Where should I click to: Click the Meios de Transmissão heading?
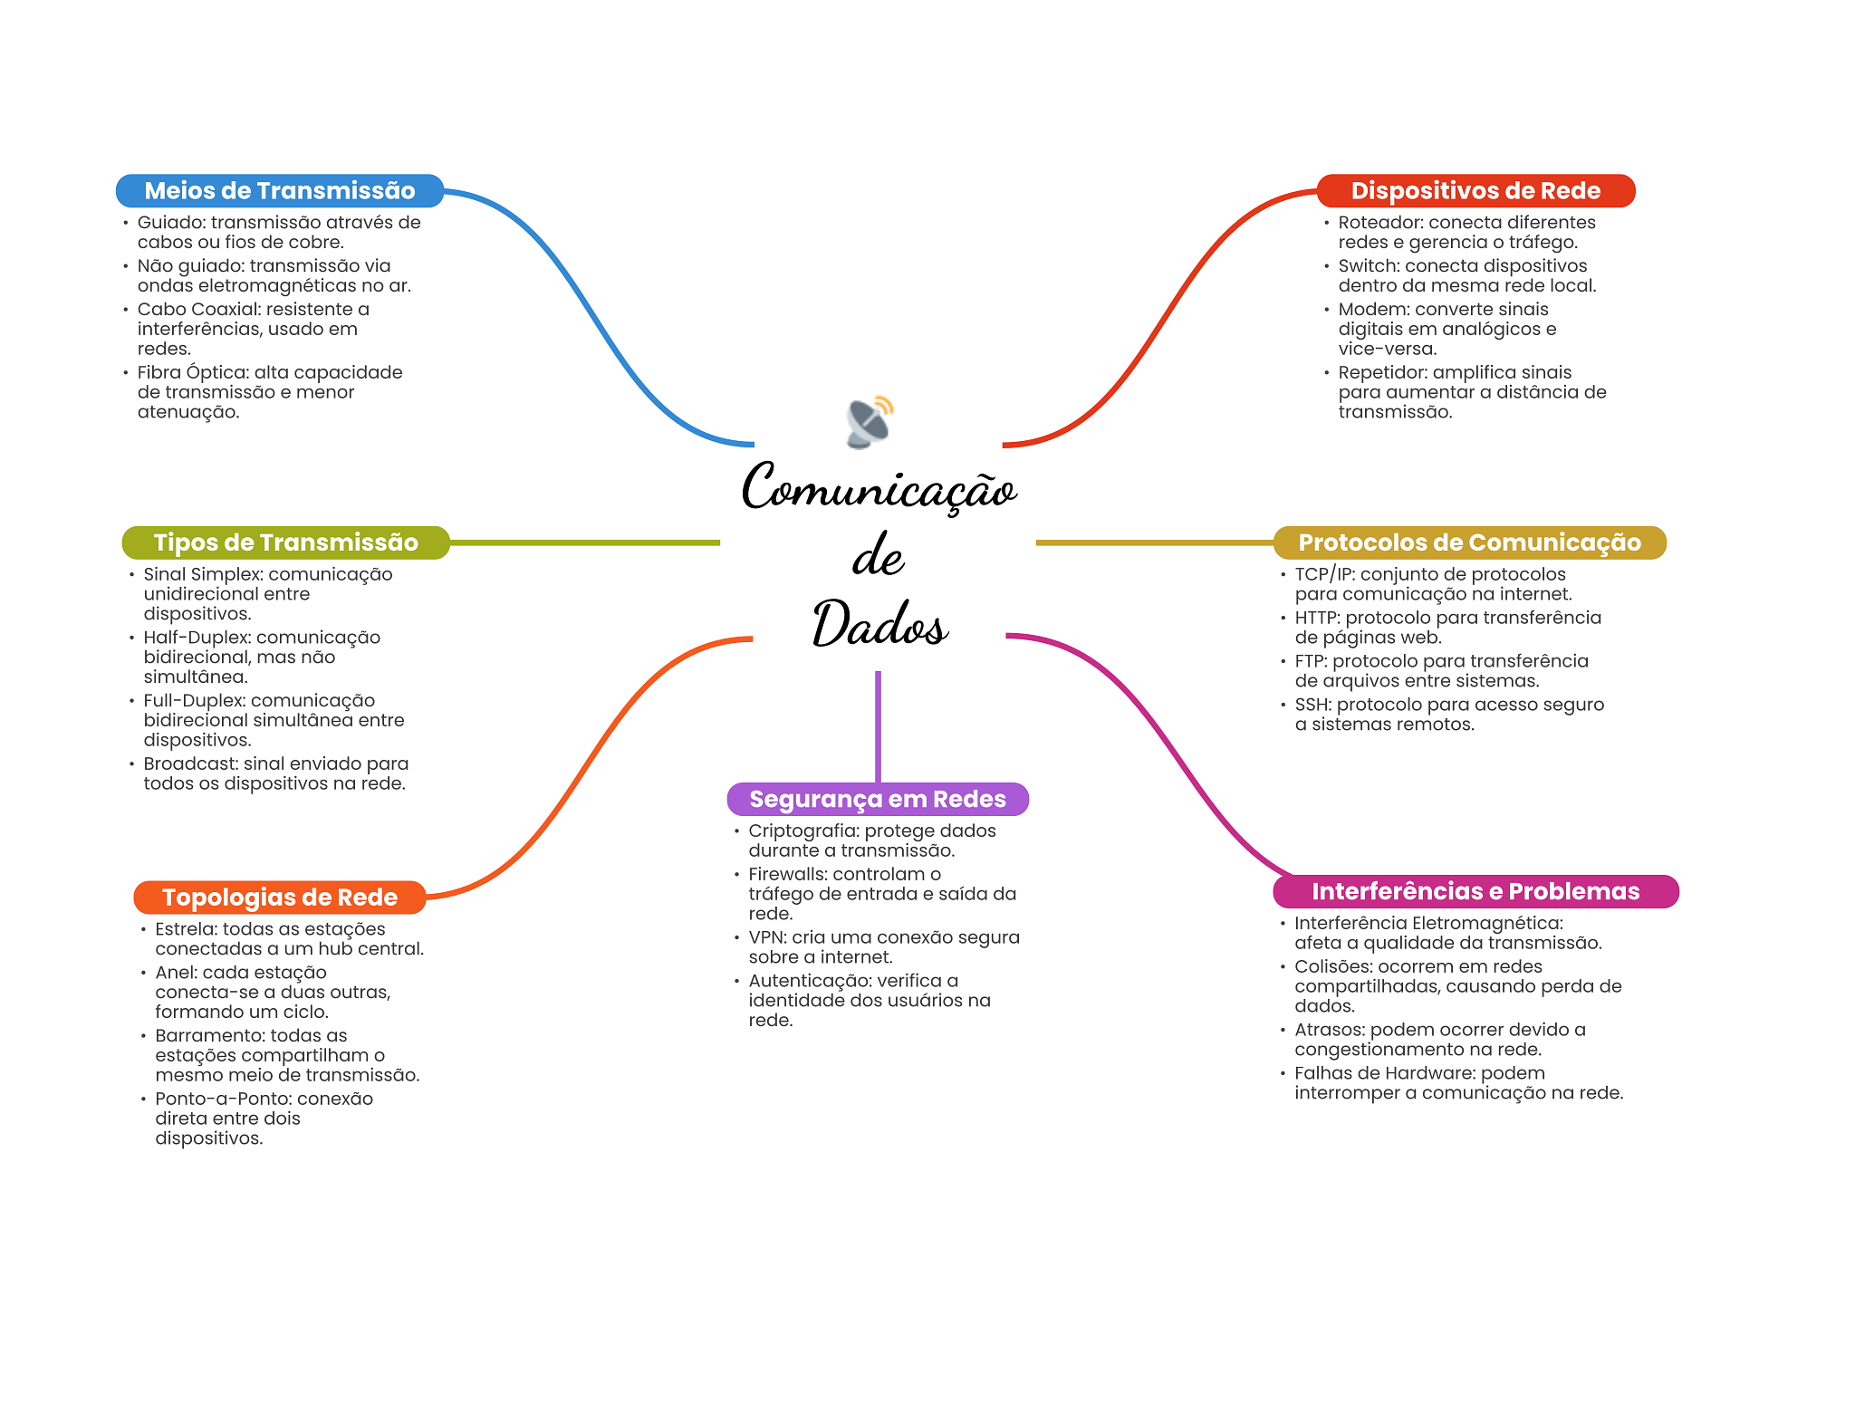pyautogui.click(x=280, y=190)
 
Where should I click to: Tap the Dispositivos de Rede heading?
pyautogui.click(x=1475, y=190)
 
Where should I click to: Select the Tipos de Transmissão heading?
pyautogui.click(x=285, y=542)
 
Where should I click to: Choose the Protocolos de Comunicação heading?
pyautogui.click(x=1469, y=542)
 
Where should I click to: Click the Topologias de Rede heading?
pyautogui.click(x=280, y=898)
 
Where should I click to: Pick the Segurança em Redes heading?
pyautogui.click(x=878, y=799)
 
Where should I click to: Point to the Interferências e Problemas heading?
pyautogui.click(x=1475, y=891)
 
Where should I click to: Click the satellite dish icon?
pyautogui.click(x=870, y=422)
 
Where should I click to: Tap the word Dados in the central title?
pyautogui.click(x=879, y=623)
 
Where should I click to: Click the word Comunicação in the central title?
pyautogui.click(x=879, y=487)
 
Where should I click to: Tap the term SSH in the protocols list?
pyautogui.click(x=1311, y=705)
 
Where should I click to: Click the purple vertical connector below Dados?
pyautogui.click(x=878, y=726)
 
